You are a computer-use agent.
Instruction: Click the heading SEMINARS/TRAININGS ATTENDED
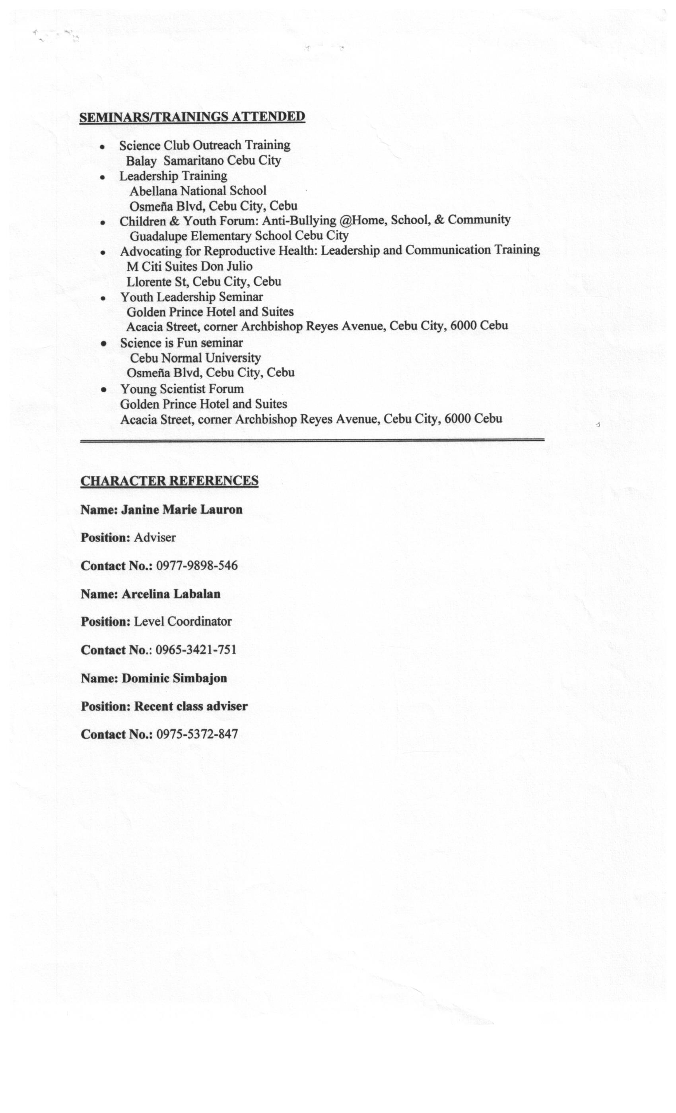(192, 116)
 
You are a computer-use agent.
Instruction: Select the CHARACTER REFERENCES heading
(169, 481)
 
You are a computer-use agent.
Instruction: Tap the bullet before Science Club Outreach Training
(103, 147)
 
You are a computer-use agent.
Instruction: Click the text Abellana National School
(198, 191)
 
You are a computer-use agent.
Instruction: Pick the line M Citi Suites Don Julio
(189, 266)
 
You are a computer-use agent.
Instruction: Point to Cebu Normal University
(195, 358)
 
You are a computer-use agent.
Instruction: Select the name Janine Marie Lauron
(182, 510)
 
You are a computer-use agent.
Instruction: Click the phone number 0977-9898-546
(196, 566)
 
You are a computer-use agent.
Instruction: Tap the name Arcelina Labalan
(171, 594)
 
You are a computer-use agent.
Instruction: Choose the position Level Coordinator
(183, 622)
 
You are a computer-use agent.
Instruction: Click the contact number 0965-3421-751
(196, 650)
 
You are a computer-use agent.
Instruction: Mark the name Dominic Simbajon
(174, 679)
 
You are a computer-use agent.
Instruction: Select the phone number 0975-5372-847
(197, 735)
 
